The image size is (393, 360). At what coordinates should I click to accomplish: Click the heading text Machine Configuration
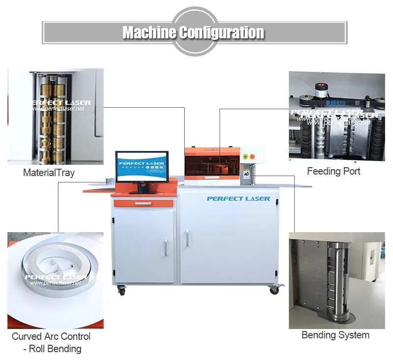click(x=194, y=33)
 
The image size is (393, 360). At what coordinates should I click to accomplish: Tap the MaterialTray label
click(x=49, y=173)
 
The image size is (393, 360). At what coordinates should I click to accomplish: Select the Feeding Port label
click(x=334, y=171)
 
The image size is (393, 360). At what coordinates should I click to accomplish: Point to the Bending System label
click(x=335, y=335)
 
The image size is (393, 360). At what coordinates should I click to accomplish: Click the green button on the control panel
click(x=246, y=156)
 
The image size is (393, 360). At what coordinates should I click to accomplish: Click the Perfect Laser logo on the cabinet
click(x=238, y=198)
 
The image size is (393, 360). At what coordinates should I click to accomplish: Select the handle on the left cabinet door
click(x=165, y=247)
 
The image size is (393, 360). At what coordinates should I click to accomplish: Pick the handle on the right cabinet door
click(x=187, y=240)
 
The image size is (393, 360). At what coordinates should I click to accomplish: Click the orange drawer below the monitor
click(x=143, y=203)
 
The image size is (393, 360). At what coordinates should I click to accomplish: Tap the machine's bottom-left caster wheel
click(x=121, y=292)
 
